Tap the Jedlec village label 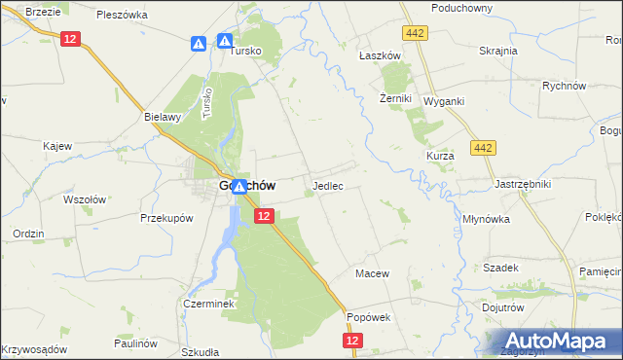327,185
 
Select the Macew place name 372,273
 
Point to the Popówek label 368,317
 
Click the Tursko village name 247,54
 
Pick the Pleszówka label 123,15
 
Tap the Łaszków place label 380,55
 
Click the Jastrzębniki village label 523,183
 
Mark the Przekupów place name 164,218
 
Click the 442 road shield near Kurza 482,147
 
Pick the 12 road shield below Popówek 352,341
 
